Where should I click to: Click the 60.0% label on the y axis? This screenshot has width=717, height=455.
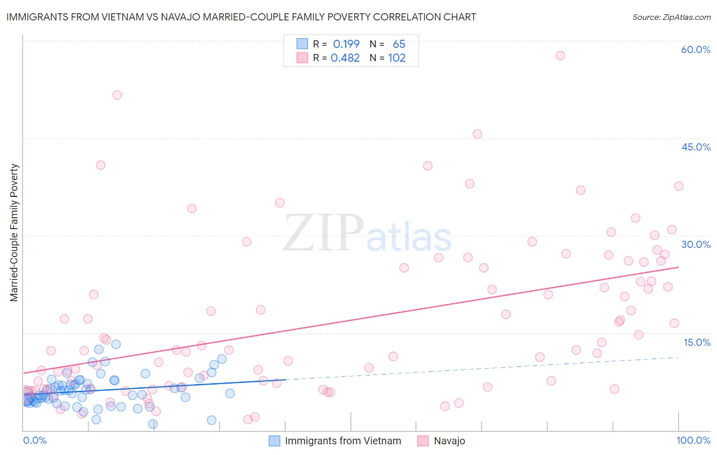coord(696,49)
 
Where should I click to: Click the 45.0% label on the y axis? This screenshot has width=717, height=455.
coord(696,147)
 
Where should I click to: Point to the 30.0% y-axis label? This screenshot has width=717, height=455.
coord(696,244)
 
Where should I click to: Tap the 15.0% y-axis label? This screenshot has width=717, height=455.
coord(697,342)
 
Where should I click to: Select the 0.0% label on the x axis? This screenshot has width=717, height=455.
coord(35,440)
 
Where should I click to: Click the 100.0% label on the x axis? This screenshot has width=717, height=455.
coord(693,440)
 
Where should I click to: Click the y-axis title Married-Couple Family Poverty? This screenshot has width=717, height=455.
coord(14,232)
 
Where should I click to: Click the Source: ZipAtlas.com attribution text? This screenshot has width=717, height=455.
coord(671,17)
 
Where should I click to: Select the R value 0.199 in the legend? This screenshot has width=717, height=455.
coord(346,44)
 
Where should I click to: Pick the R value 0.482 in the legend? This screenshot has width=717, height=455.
coord(345,58)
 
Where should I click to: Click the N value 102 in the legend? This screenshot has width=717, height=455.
coord(397,58)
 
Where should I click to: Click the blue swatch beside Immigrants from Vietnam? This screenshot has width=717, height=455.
coord(274,441)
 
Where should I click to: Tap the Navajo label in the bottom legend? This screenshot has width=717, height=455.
coord(449,441)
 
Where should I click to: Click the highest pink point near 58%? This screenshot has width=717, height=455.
coord(560,56)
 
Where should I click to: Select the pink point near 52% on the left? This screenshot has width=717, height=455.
coord(117,95)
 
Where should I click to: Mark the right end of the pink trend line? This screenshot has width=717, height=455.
coord(678,267)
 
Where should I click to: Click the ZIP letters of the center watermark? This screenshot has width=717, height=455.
coord(323,233)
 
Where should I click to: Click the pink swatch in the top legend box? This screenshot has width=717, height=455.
coord(302,58)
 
